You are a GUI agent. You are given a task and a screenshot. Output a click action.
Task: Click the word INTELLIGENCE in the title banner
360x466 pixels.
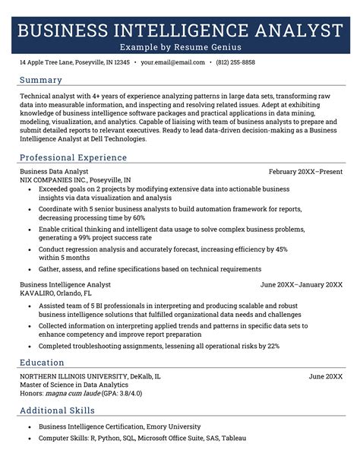pos(180,31)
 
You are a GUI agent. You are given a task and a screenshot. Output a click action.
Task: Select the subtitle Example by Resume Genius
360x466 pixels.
pos(180,47)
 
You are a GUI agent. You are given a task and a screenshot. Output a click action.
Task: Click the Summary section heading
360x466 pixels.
pos(41,80)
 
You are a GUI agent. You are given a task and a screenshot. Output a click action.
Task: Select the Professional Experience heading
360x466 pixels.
pos(73,157)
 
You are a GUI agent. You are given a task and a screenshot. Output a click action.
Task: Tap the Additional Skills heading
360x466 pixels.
pos(58,411)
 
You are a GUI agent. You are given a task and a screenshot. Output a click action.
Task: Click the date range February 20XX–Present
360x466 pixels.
pos(305,172)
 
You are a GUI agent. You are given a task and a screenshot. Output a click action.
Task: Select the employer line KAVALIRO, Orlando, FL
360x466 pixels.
pos(55,293)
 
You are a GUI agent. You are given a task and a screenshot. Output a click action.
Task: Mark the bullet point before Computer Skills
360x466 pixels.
pos(28,438)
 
